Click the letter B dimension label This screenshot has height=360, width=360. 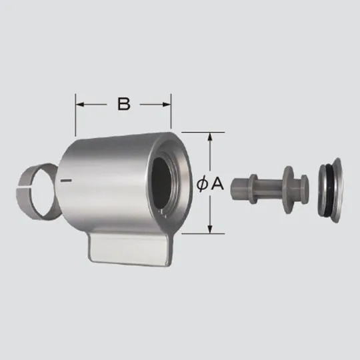click(123, 103)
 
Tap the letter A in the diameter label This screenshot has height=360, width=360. click(217, 184)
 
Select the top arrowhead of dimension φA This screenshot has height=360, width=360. click(211, 137)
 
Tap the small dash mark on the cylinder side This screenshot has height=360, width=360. click(65, 180)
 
